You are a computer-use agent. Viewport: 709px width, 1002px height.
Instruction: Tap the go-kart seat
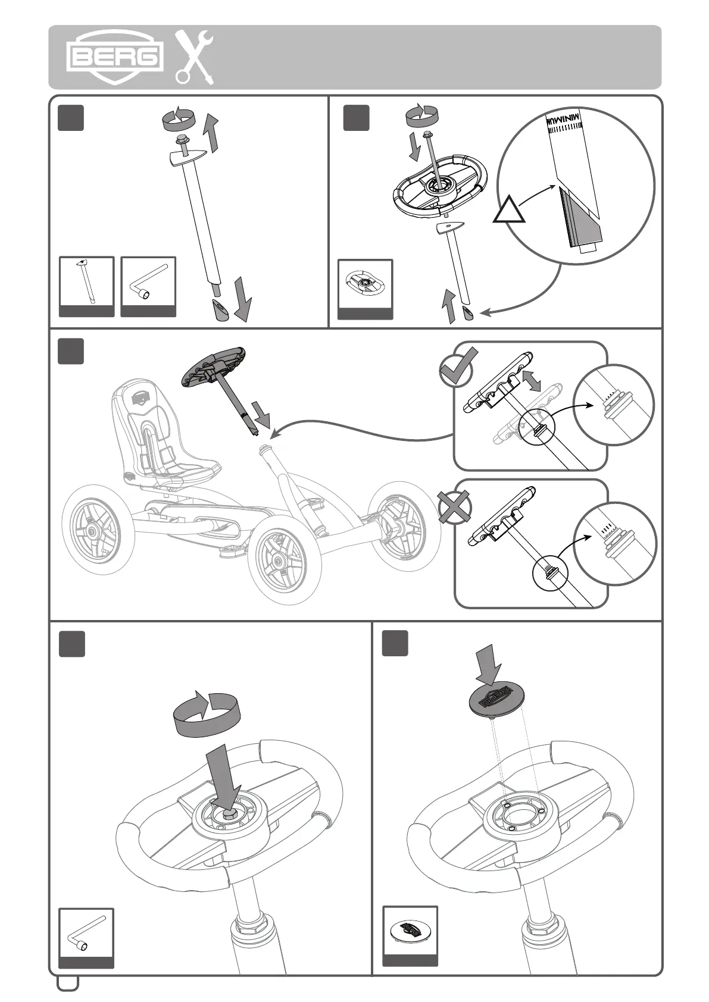(161, 437)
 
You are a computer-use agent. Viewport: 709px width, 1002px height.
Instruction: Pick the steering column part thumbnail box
(87, 286)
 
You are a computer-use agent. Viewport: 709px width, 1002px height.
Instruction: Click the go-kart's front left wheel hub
(277, 560)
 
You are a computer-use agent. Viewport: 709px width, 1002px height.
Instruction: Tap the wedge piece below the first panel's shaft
(221, 310)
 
